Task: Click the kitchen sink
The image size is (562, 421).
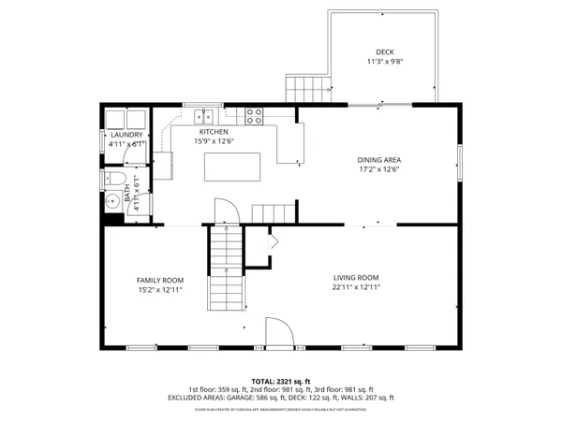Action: tap(204, 117)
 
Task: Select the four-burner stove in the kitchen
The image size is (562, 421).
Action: tap(254, 116)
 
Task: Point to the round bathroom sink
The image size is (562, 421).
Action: tap(106, 198)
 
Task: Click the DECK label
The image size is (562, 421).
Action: tap(384, 52)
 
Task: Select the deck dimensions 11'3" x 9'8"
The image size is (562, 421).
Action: tap(384, 63)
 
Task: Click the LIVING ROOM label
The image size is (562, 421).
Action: tap(356, 277)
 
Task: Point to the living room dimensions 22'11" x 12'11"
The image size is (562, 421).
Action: tap(356, 288)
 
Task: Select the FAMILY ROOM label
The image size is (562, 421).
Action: tap(159, 280)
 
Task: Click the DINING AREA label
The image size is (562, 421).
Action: tap(379, 160)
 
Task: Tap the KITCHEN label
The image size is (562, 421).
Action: tap(214, 132)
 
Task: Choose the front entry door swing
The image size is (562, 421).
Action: tap(278, 331)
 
